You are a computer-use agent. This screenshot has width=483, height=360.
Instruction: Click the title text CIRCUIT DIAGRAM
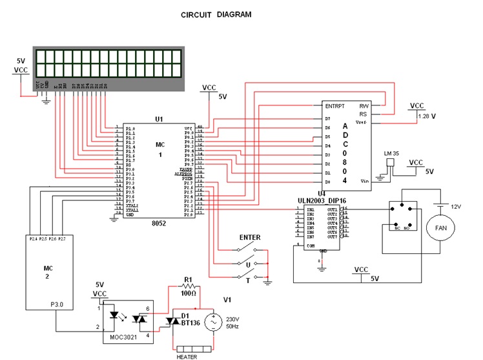[x=216, y=14]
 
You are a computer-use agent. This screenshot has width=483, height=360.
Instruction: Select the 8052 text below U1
[x=158, y=223]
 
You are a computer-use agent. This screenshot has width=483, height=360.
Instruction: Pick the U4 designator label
[x=321, y=193]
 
